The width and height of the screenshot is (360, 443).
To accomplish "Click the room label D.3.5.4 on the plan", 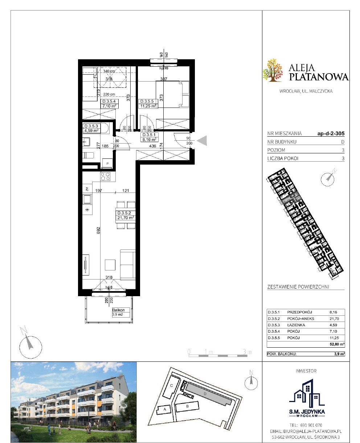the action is [110, 101].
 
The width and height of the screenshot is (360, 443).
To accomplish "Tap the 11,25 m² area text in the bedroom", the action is [148, 106].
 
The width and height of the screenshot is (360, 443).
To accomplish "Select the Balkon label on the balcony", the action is [118, 310].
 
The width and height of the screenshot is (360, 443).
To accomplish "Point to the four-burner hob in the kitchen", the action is [105, 177].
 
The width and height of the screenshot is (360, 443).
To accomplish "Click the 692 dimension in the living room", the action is [99, 230].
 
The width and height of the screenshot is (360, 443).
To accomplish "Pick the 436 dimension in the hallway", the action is [153, 146].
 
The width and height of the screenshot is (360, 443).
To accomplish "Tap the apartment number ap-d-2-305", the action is [331, 133].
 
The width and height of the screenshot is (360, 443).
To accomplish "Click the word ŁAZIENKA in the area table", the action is [296, 325].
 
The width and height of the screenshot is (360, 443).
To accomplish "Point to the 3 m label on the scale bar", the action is [247, 352].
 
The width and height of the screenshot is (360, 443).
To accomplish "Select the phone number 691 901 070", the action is [311, 425].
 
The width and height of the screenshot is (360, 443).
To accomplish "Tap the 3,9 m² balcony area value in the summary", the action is [339, 354].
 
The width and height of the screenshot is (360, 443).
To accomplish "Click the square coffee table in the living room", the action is [110, 265].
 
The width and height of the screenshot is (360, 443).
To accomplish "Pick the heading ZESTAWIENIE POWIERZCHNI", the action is [298, 287].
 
